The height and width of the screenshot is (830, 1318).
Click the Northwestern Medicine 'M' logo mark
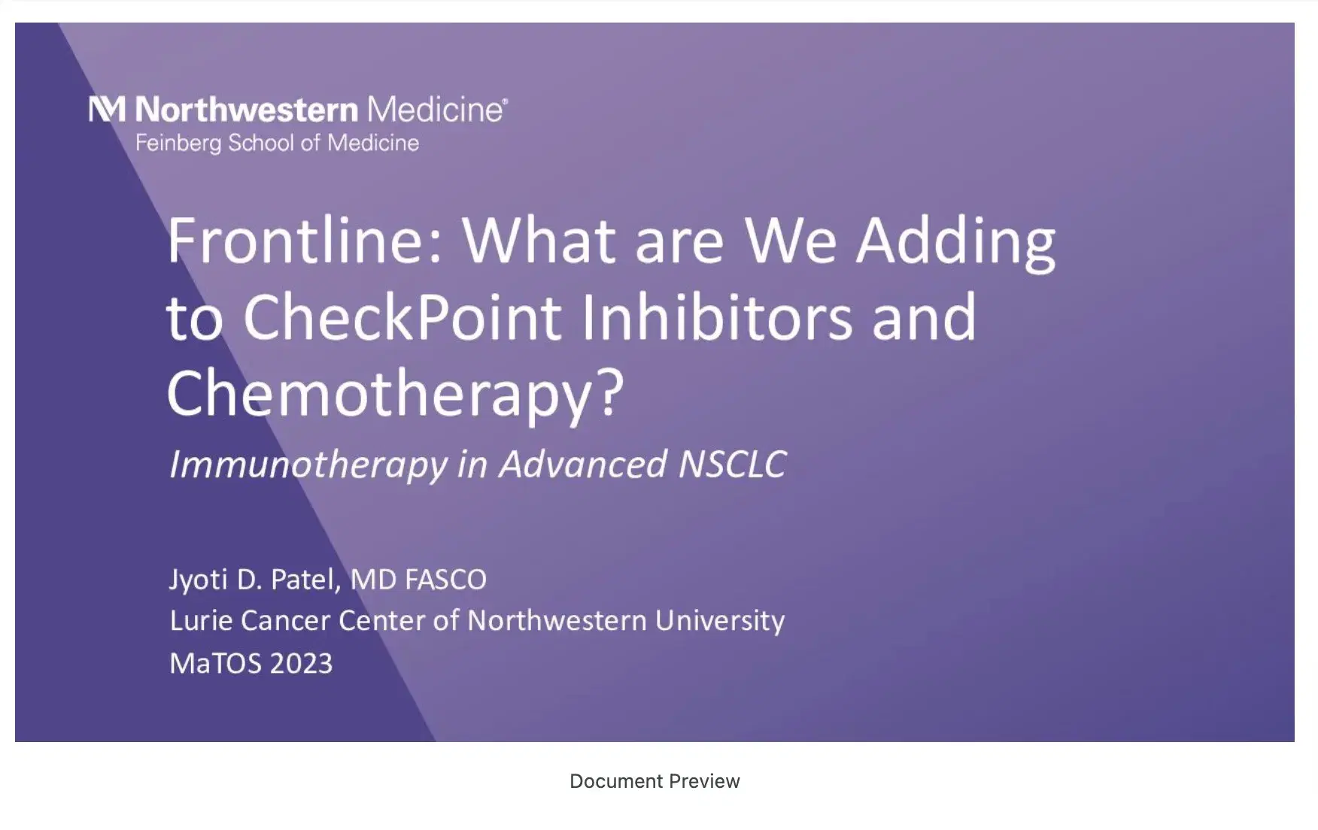point(106,109)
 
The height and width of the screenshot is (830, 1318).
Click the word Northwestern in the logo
point(246,110)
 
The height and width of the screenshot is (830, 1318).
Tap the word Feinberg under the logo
point(178,143)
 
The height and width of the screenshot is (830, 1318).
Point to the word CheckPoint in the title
point(402,317)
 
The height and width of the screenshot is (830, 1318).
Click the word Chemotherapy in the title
point(381,394)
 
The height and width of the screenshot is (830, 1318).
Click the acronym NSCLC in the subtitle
point(732,464)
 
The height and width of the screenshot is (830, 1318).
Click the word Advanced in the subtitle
point(583,464)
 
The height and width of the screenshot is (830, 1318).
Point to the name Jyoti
point(198,580)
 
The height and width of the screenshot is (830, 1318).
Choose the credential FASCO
point(445,580)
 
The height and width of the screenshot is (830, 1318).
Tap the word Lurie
point(201,621)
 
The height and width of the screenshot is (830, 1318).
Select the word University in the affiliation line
point(719,621)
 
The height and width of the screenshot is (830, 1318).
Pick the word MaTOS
point(215,663)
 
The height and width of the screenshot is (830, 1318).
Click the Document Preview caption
point(654,781)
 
